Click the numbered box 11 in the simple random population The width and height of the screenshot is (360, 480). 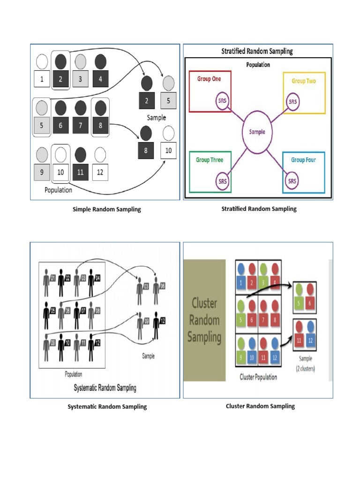coord(80,172)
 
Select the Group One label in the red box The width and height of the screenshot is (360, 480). coord(209,79)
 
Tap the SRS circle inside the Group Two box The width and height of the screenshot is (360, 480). coord(292,101)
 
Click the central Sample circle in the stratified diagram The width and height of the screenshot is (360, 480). coord(257,132)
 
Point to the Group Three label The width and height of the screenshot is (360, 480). coord(210,160)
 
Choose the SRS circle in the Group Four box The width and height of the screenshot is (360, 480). coord(292,181)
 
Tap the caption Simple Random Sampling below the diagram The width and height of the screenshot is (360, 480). coord(107,210)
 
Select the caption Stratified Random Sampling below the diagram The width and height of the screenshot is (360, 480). coord(259,209)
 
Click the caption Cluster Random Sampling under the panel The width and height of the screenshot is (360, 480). coord(260,406)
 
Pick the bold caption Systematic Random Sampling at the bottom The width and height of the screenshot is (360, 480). coord(107,406)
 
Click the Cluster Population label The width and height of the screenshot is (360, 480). coord(258,377)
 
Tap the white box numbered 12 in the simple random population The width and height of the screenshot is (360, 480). coord(99,172)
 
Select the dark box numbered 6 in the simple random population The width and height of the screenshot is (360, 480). coord(61,126)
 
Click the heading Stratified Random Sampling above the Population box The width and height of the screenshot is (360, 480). coord(257,52)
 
